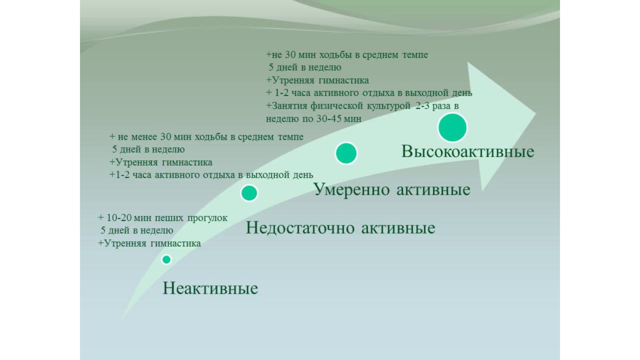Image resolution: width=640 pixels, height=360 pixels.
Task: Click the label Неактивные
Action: (210, 288)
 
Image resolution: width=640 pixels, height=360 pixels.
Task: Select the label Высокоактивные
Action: (467, 151)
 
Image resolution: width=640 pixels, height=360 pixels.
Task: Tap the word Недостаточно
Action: (300, 228)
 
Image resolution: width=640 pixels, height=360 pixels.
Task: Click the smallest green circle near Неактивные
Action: (166, 259)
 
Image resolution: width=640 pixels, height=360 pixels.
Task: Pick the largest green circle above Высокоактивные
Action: (452, 127)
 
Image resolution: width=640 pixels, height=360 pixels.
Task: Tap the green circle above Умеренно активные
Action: (346, 153)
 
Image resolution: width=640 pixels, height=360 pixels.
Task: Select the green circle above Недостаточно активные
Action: (249, 192)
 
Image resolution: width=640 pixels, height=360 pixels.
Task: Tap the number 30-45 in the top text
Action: (331, 119)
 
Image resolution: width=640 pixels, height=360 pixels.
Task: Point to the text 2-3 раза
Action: (432, 106)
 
